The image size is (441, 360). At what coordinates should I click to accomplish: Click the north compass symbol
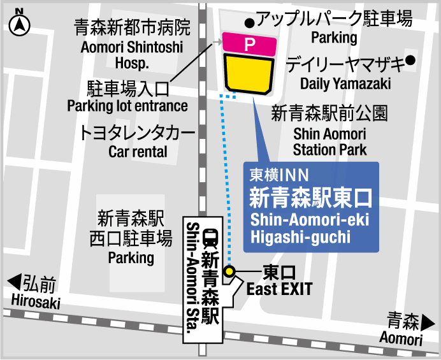point(20,24)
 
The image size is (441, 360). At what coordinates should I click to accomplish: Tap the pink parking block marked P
point(250,44)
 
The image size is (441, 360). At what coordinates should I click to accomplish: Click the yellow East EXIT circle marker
point(230,272)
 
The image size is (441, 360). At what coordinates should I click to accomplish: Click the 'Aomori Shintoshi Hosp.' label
point(133,55)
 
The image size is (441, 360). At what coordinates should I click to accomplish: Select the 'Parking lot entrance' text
point(127,106)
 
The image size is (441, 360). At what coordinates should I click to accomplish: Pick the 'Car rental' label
point(138,152)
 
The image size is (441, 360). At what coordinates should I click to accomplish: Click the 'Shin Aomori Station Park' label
point(329,142)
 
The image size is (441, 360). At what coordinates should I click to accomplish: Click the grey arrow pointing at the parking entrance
point(216,43)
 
